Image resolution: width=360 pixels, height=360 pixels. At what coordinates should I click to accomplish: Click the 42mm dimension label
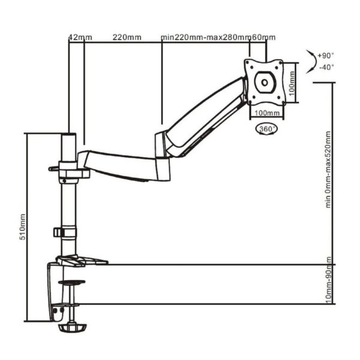(x=80, y=37)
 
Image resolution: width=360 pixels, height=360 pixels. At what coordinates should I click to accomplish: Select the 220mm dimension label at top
(x=127, y=37)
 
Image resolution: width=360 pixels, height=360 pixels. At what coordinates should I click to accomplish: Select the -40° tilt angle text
(x=327, y=67)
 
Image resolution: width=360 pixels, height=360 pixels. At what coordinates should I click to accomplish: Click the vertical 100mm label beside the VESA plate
(x=292, y=81)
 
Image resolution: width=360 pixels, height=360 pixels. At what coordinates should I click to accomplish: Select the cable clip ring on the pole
(x=65, y=232)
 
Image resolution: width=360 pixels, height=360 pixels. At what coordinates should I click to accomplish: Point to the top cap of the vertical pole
(x=69, y=137)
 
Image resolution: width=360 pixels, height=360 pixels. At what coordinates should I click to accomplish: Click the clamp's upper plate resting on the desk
(x=81, y=261)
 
